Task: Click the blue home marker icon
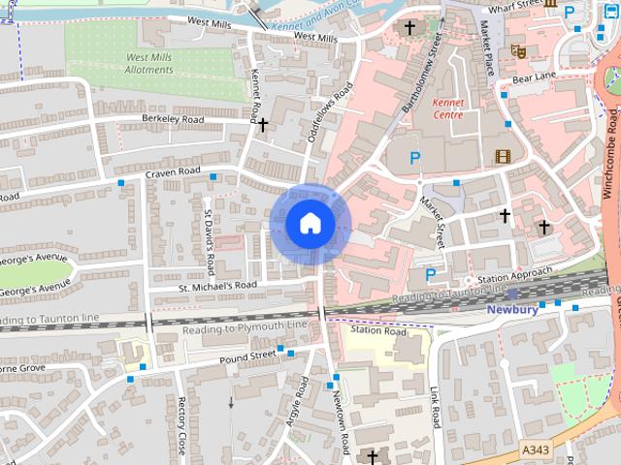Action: (310, 224)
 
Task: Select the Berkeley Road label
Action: (172, 119)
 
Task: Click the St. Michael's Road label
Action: (217, 286)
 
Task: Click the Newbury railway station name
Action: (511, 310)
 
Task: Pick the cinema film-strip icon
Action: (503, 155)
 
